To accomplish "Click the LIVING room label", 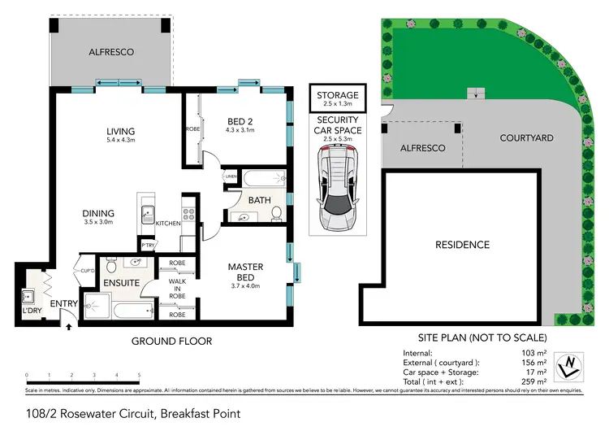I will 120,132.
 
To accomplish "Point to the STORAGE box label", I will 337,96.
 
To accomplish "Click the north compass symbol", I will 575,364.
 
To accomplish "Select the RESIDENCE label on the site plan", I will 462,245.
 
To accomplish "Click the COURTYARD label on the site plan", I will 526,138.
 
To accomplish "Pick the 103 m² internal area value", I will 532,353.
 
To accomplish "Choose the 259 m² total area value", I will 532,382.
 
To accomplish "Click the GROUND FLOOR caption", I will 171,342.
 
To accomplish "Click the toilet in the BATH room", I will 276,213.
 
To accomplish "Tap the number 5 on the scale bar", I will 140,376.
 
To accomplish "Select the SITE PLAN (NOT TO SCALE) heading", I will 473,337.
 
